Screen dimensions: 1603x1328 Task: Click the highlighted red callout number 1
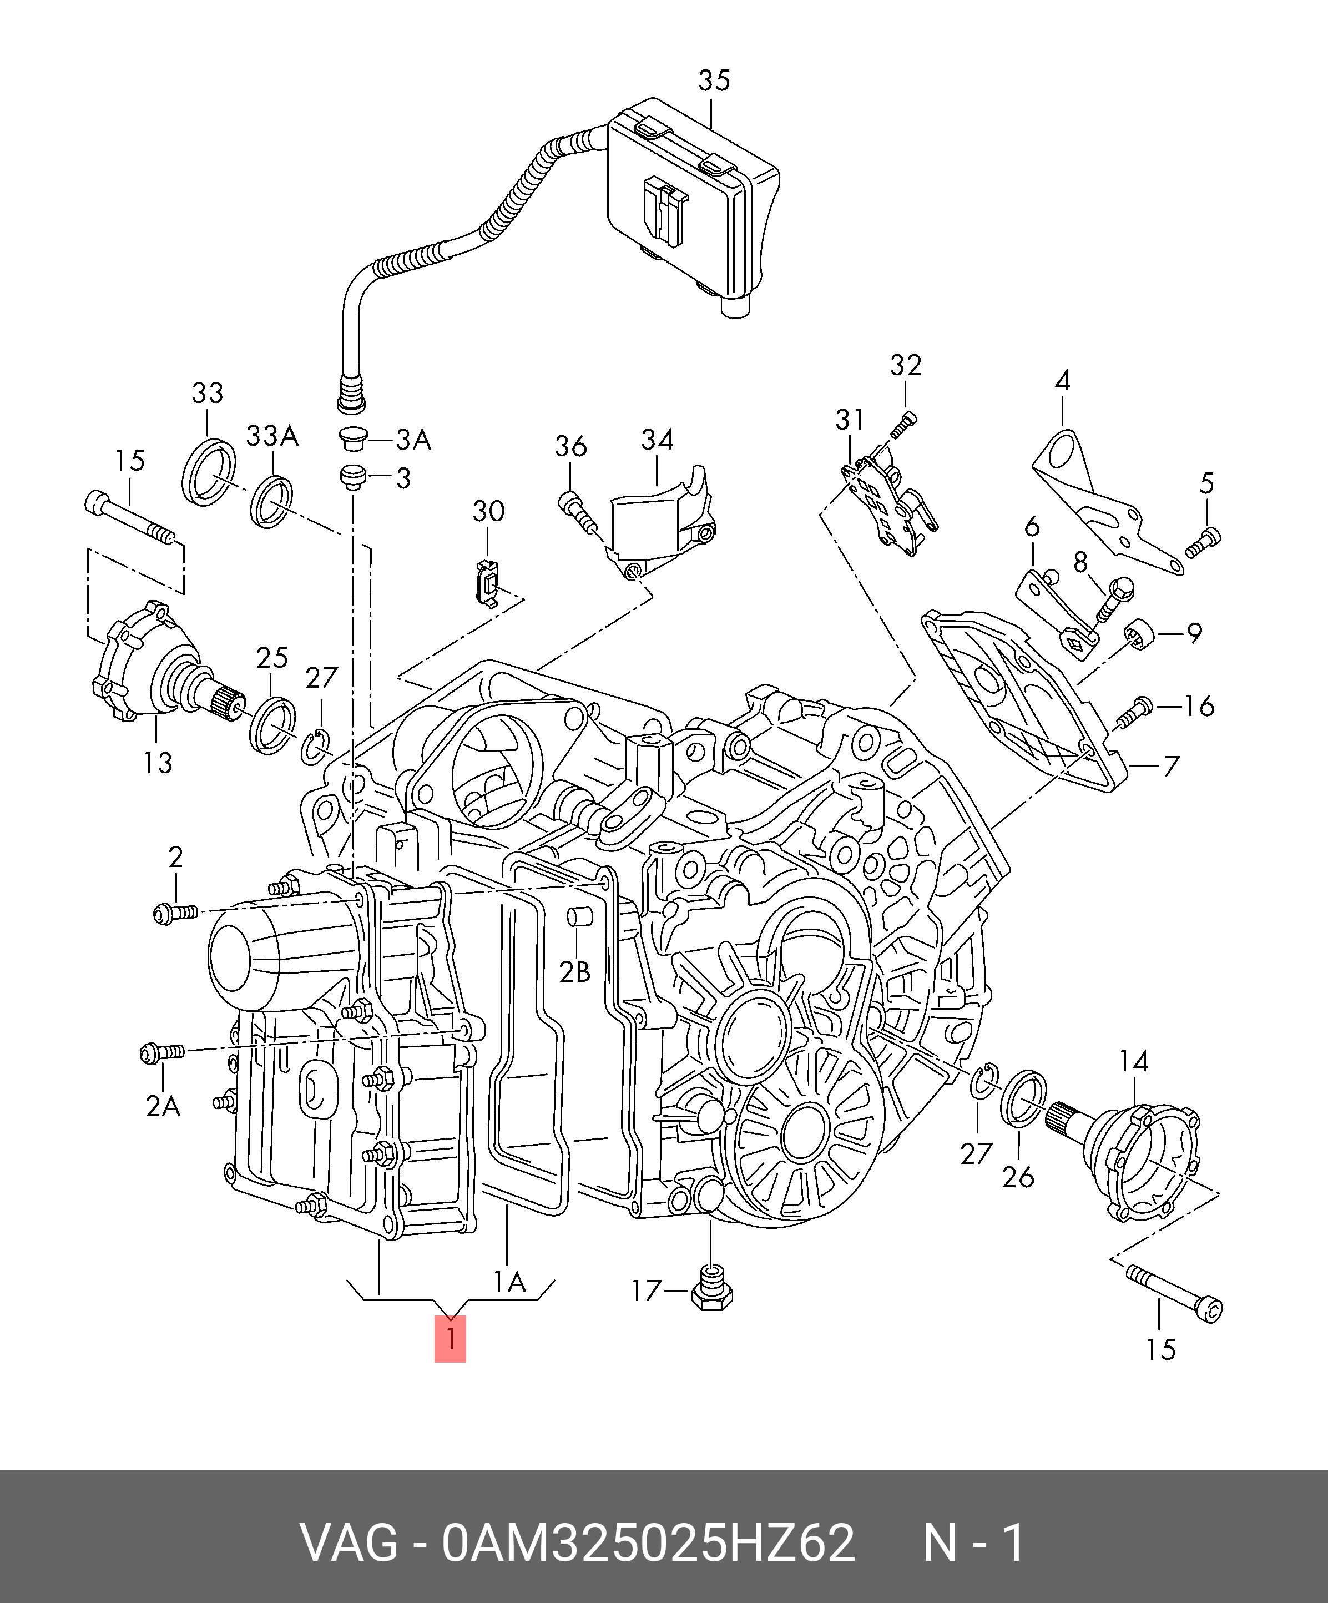450,1338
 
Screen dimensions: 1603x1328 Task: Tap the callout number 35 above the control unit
714,80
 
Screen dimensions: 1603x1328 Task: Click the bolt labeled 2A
163,1053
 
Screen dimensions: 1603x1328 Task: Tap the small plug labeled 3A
352,439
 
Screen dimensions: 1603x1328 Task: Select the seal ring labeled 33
208,472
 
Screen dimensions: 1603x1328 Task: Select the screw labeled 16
1134,712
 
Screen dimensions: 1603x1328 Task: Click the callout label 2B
575,972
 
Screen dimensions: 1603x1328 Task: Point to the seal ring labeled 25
272,724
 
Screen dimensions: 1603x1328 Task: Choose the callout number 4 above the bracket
1062,380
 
